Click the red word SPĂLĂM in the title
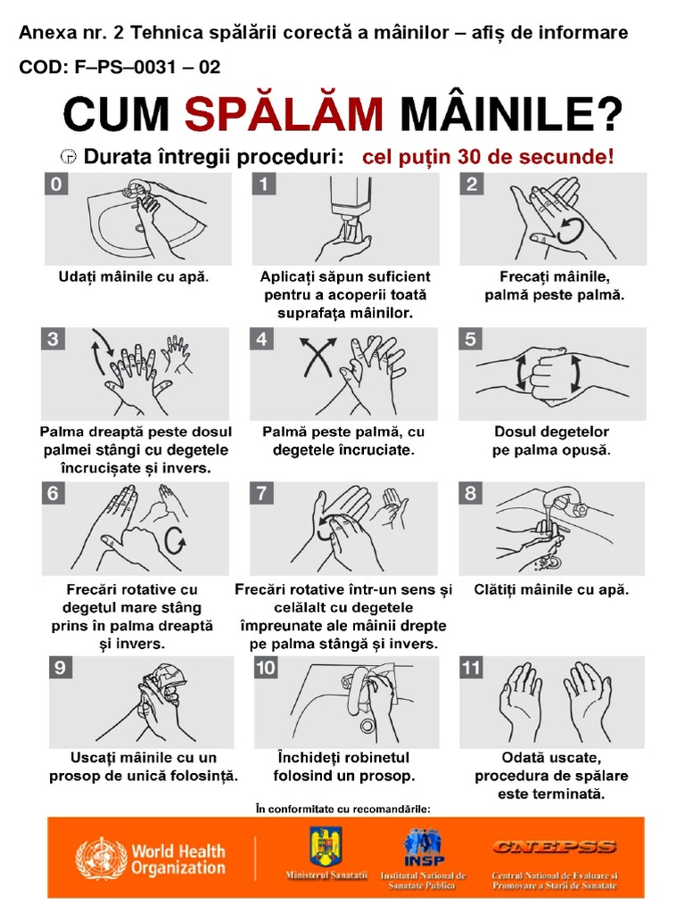[x=285, y=116]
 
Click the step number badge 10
[x=266, y=667]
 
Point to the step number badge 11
[x=473, y=667]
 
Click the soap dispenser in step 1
[x=351, y=200]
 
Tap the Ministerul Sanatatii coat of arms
[x=322, y=848]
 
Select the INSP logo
[x=423, y=848]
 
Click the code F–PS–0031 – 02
[x=120, y=68]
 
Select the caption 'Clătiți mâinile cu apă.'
[x=551, y=589]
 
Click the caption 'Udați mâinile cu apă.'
[x=134, y=276]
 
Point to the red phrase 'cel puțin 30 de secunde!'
[x=488, y=157]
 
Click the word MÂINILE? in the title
[x=509, y=116]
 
